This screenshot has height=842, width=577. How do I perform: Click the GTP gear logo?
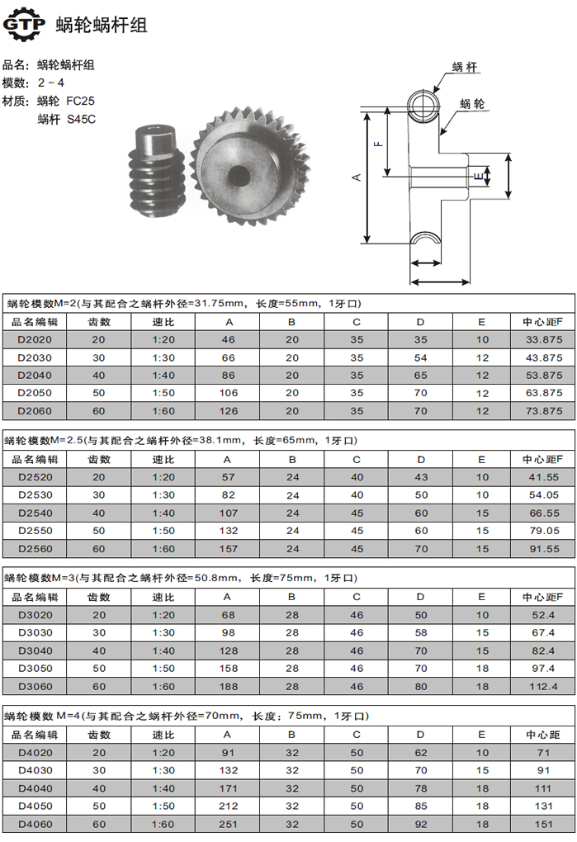tap(24, 24)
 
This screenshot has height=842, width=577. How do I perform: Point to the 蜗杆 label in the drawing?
tap(464, 67)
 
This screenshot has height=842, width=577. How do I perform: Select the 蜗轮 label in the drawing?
tap(472, 104)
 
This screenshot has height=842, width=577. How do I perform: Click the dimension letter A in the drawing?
tap(357, 177)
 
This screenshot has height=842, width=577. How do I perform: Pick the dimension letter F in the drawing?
tap(378, 144)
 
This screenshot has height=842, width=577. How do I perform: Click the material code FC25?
tap(81, 101)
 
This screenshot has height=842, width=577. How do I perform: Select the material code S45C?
tap(82, 119)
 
